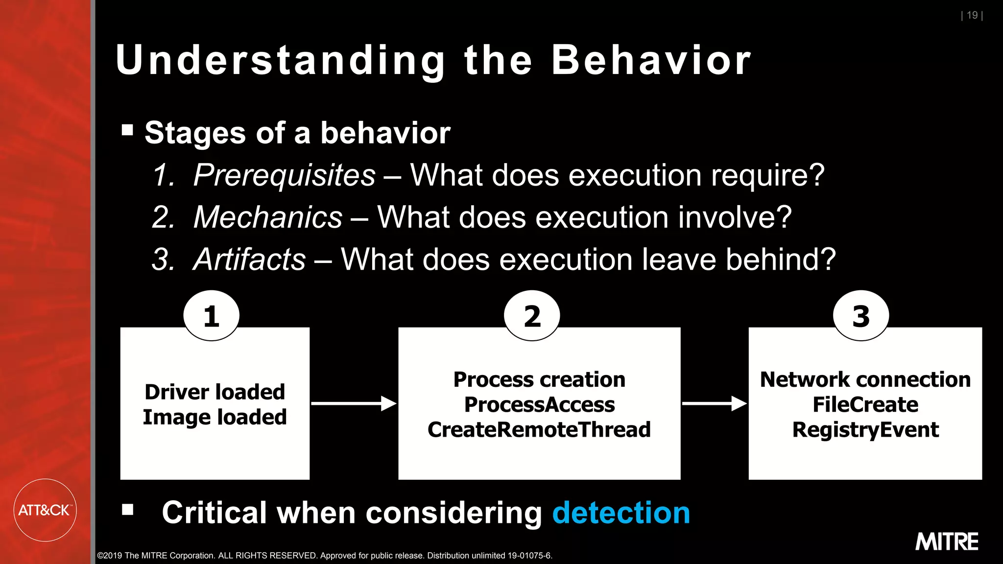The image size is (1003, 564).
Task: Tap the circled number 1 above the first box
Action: [212, 316]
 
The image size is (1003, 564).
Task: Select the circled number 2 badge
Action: [532, 316]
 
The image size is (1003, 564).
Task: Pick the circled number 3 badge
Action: [861, 316]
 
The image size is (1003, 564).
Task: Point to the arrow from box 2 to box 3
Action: [714, 403]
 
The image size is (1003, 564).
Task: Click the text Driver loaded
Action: [215, 392]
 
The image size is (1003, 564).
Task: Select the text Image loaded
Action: [215, 417]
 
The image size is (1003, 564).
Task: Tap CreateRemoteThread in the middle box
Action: [539, 429]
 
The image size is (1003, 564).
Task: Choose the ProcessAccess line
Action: [539, 404]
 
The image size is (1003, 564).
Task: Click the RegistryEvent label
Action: [865, 429]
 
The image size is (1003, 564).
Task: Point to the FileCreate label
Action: [865, 404]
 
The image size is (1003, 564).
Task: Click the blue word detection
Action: [621, 513]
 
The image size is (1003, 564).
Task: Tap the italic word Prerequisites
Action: [284, 175]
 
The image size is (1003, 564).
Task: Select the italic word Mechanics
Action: [268, 217]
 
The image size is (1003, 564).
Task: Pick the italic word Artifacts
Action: [249, 259]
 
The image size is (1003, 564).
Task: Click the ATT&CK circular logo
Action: [45, 510]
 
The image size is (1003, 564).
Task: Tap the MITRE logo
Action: [946, 542]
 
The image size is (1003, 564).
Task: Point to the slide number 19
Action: [972, 15]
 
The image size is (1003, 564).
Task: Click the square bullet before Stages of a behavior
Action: [127, 130]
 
